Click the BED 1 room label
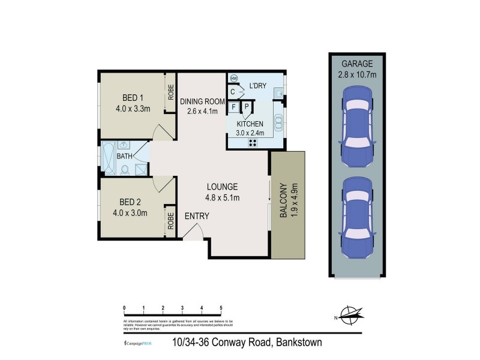133,98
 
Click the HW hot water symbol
233,79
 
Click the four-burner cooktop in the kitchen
252,142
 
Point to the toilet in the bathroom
125,169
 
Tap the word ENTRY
197,216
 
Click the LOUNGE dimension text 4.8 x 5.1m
223,198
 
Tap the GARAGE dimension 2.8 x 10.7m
358,75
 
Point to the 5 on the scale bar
221,307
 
